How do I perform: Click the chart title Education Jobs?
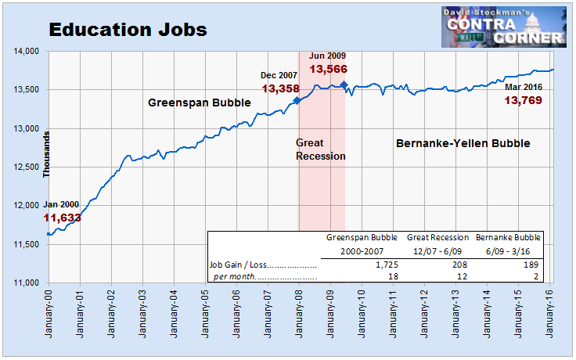coord(128,30)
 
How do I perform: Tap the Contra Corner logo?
coord(504,27)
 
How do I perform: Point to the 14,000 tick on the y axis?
coord(26,51)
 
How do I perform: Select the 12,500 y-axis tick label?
coord(26,167)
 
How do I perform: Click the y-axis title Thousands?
coord(46,154)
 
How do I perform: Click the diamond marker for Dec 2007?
coord(297,100)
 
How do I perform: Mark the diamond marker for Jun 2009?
coord(344,85)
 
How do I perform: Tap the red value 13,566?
coord(328,69)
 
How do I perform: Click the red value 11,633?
coord(62,218)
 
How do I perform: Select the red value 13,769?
coord(523,100)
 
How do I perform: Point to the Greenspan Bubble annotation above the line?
coord(199,103)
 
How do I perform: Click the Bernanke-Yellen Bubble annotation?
coord(463,143)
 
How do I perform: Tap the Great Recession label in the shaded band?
coord(321,149)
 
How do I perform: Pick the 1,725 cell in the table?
coord(387,265)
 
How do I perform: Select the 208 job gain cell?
coord(459,265)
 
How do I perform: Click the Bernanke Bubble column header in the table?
coord(508,237)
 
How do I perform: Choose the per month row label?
coord(234,276)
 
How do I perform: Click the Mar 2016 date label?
coord(524,87)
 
